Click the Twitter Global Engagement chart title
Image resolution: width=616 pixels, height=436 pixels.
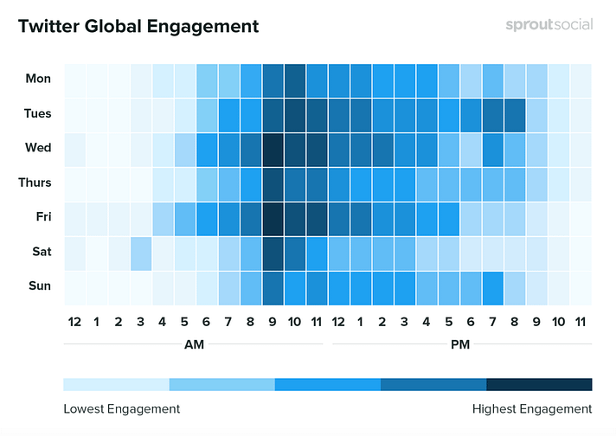pos(138,27)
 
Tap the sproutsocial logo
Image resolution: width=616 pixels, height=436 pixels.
pos(549,25)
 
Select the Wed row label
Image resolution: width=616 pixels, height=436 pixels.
pos(38,148)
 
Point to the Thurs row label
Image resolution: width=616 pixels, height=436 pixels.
pos(35,183)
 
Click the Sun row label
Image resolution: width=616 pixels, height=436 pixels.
pos(39,286)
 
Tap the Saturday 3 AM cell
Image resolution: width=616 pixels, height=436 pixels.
pos(141,252)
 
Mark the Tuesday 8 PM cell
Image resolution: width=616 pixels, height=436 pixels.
pos(515,113)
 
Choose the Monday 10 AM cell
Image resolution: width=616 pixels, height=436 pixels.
pos(295,79)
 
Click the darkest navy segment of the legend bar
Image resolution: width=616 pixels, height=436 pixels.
pos(539,384)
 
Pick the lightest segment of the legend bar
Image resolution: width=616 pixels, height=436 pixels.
pos(116,384)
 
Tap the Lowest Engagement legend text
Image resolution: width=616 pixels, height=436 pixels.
pos(122,408)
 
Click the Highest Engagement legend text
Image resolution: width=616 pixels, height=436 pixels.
pos(532,408)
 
